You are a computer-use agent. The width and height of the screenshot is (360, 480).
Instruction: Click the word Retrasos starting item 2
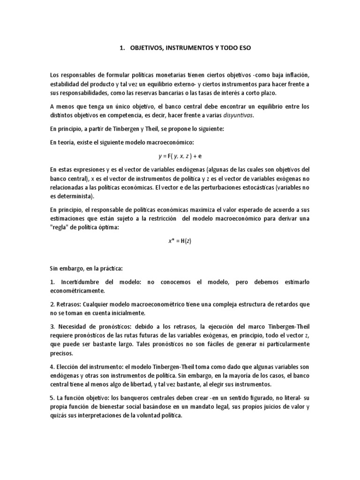69,304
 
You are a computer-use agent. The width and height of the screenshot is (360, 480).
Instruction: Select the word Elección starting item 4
70,366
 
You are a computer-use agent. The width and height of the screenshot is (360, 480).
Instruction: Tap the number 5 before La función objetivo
52,397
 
